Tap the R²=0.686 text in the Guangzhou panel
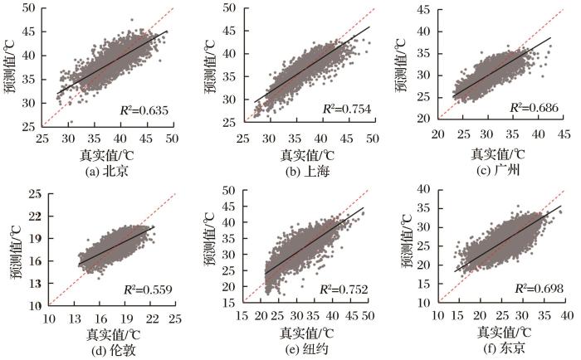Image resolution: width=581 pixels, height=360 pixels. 535,108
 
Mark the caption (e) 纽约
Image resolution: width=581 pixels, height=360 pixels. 305,348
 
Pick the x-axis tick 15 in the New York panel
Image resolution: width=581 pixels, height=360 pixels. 245,318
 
